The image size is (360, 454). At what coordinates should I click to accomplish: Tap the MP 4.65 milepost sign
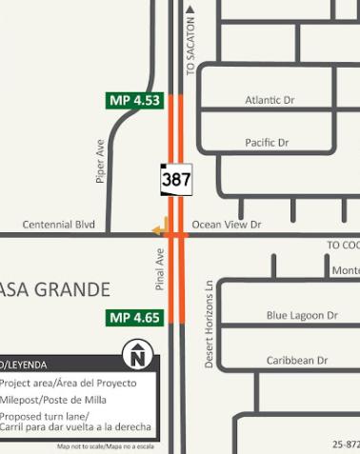coord(135,317)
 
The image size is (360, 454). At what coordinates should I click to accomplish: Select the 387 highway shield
coord(175,178)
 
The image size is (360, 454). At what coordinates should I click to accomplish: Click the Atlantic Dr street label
coord(270,100)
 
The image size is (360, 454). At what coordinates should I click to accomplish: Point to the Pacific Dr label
coord(267,143)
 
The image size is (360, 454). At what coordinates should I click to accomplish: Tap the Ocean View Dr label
coord(227,225)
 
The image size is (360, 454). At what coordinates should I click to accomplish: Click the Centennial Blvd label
coord(59,225)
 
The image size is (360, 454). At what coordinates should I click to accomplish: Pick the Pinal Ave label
coord(161,270)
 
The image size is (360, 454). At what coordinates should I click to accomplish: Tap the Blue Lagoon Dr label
coord(302,315)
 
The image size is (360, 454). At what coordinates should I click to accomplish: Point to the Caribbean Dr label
coord(297,361)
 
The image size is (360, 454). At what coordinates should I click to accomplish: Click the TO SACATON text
coord(190,47)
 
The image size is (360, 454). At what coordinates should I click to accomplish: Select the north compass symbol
coord(137,357)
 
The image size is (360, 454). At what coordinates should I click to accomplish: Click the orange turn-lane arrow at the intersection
coord(160,228)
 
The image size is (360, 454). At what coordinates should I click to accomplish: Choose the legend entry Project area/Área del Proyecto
coord(69,383)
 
